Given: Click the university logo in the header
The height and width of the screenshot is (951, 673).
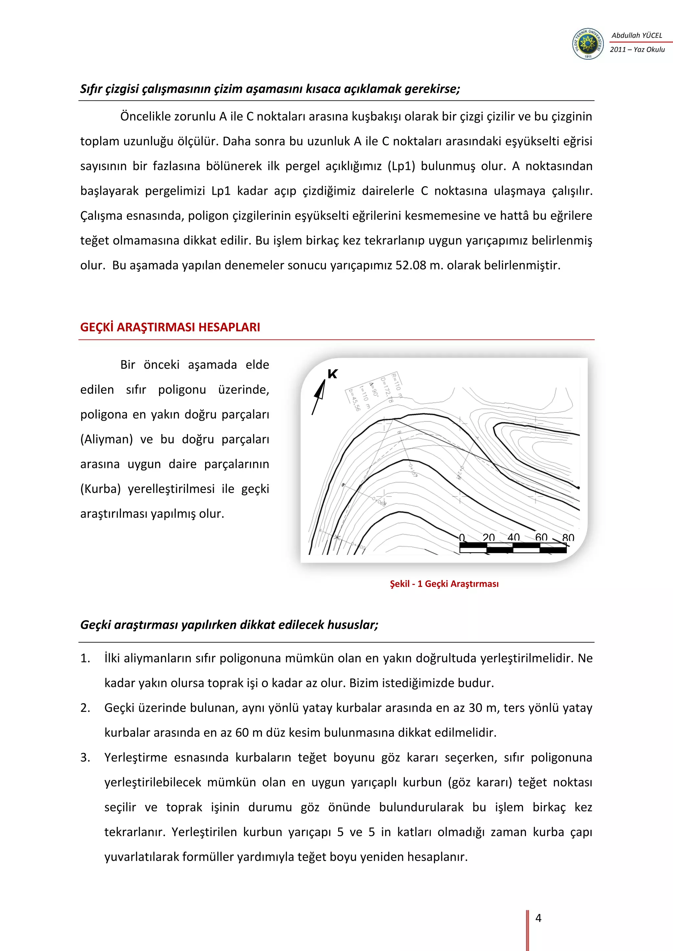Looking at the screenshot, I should click(x=588, y=43).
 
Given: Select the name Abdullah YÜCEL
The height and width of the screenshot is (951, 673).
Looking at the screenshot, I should click(x=637, y=35).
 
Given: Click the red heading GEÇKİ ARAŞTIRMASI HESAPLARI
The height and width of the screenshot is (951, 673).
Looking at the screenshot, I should click(x=170, y=327).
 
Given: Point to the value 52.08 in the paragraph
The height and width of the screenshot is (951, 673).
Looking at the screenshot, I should click(x=410, y=266).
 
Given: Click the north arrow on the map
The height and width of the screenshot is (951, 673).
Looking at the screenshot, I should click(x=319, y=396).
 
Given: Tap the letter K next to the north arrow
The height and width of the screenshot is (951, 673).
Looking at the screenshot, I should click(x=332, y=374).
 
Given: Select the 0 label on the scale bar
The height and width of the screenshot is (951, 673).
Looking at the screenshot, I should click(x=462, y=538).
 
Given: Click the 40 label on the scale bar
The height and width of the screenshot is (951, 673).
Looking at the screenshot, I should click(x=513, y=537).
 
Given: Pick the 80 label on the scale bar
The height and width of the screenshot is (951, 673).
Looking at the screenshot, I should click(x=568, y=538).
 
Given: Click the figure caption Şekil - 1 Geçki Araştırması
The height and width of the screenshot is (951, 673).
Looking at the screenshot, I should click(x=444, y=584).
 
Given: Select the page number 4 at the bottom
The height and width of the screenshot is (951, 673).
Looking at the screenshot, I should click(x=538, y=918).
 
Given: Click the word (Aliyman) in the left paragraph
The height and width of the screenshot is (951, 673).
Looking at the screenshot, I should click(x=106, y=439).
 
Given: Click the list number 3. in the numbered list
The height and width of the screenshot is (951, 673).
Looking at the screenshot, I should click(x=85, y=758).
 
